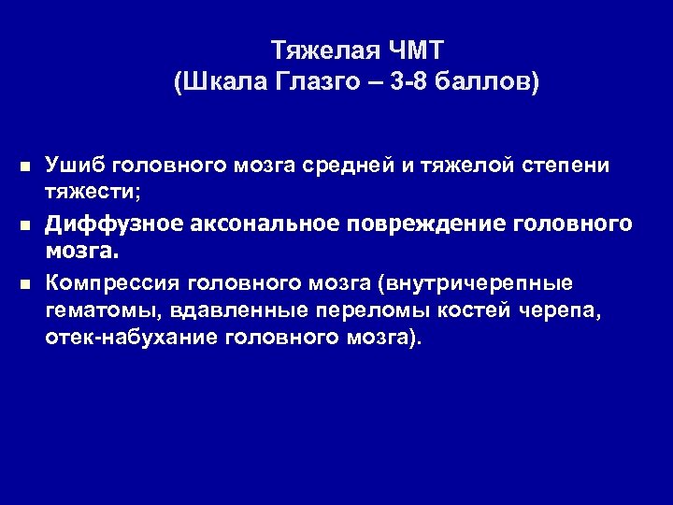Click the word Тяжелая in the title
(x=311, y=49)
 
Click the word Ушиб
(x=73, y=166)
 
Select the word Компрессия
(x=112, y=282)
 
